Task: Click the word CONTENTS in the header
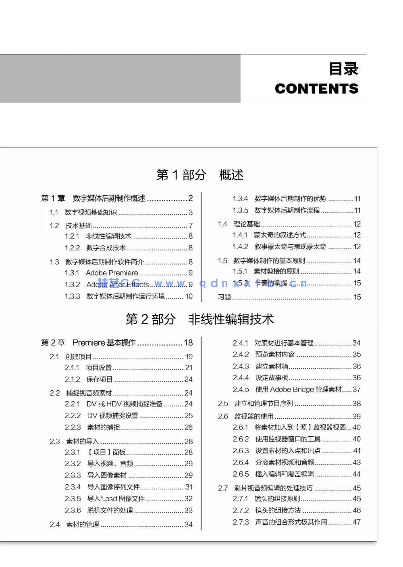(316, 89)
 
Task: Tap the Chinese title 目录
(343, 69)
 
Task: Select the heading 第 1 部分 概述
(200, 175)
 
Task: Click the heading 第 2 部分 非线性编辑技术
(200, 319)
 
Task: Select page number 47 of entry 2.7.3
(357, 522)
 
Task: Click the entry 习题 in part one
(224, 297)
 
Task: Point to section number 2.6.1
(241, 427)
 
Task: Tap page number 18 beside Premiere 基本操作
(188, 343)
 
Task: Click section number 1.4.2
(241, 247)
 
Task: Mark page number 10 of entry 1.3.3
(189, 296)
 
